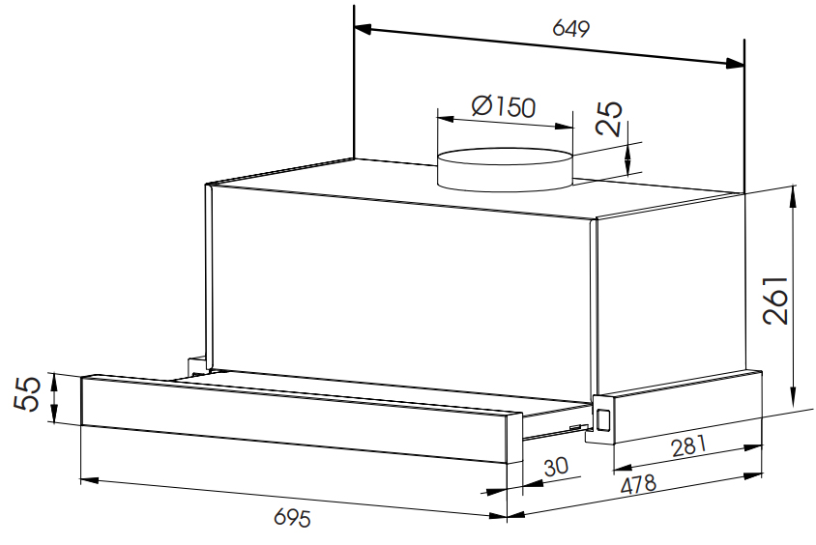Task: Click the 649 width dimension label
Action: [570, 29]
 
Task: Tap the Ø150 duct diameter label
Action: [504, 106]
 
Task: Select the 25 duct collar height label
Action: [609, 119]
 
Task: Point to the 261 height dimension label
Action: [775, 301]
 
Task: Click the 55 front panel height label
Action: [26, 393]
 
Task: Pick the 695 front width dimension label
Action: [293, 517]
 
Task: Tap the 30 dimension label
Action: [556, 467]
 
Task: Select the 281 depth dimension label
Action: [689, 445]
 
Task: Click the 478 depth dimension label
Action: [638, 484]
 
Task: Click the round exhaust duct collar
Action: [505, 170]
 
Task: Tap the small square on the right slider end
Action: [603, 419]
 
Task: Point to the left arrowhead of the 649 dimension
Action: [363, 30]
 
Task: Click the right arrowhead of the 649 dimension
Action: [735, 63]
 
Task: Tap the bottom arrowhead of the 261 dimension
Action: [793, 397]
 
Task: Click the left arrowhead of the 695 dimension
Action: [90, 480]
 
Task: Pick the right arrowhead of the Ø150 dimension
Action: [564, 126]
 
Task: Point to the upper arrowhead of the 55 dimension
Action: [53, 382]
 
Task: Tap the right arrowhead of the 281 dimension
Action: [753, 446]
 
